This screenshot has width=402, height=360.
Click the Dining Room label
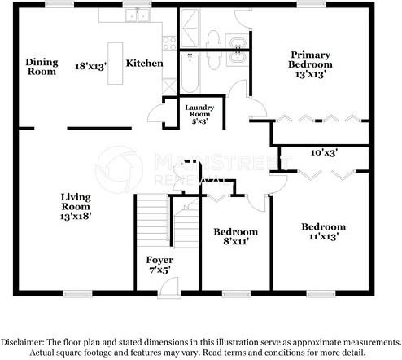[x=41, y=67]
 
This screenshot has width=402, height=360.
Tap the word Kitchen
[x=145, y=64]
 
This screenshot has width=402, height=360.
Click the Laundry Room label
[x=199, y=115]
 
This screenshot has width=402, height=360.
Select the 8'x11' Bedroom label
[x=236, y=236]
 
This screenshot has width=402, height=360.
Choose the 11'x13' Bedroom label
[x=323, y=231]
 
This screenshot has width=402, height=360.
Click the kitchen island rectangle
[x=117, y=62]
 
